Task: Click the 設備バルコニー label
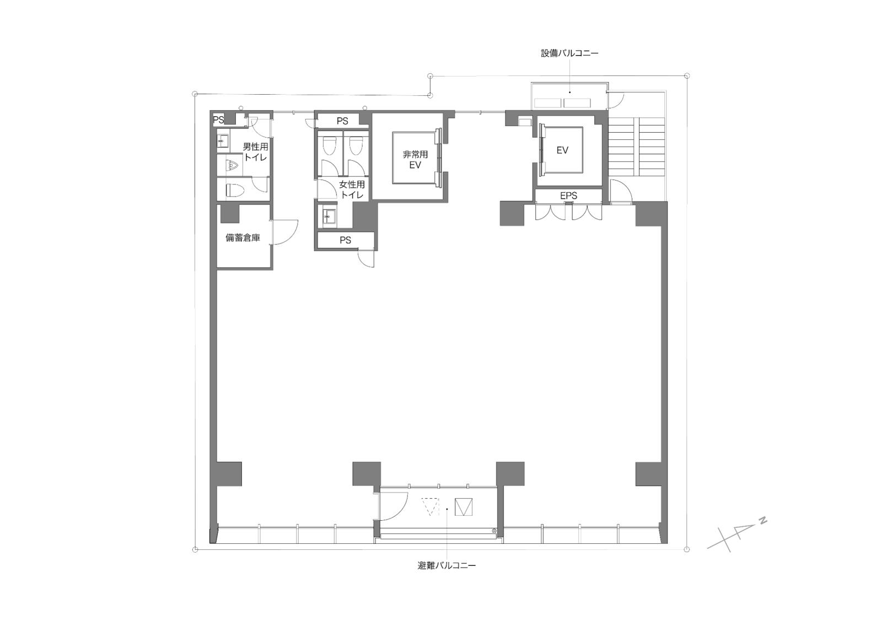[x=569, y=53]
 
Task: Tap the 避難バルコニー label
[x=447, y=566]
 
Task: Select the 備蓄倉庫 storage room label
[x=243, y=237]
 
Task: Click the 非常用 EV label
[x=415, y=160]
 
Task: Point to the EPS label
[x=568, y=196]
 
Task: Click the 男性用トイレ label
[x=256, y=152]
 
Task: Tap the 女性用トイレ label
[x=352, y=190]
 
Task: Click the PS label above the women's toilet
[x=342, y=121]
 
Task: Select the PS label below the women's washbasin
[x=345, y=240]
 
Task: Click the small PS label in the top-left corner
[x=218, y=120]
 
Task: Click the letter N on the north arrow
[x=763, y=521]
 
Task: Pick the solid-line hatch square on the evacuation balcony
[x=464, y=507]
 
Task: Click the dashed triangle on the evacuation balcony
[x=431, y=507]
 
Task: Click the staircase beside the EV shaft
[x=637, y=148]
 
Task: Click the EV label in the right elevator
[x=562, y=150]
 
